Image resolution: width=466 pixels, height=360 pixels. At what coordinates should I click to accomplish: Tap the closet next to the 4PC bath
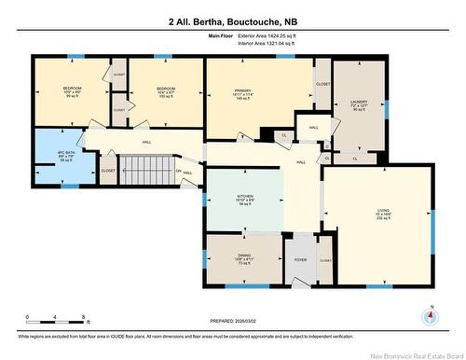coord(108,171)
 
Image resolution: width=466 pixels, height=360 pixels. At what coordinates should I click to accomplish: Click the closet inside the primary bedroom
coord(322,83)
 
